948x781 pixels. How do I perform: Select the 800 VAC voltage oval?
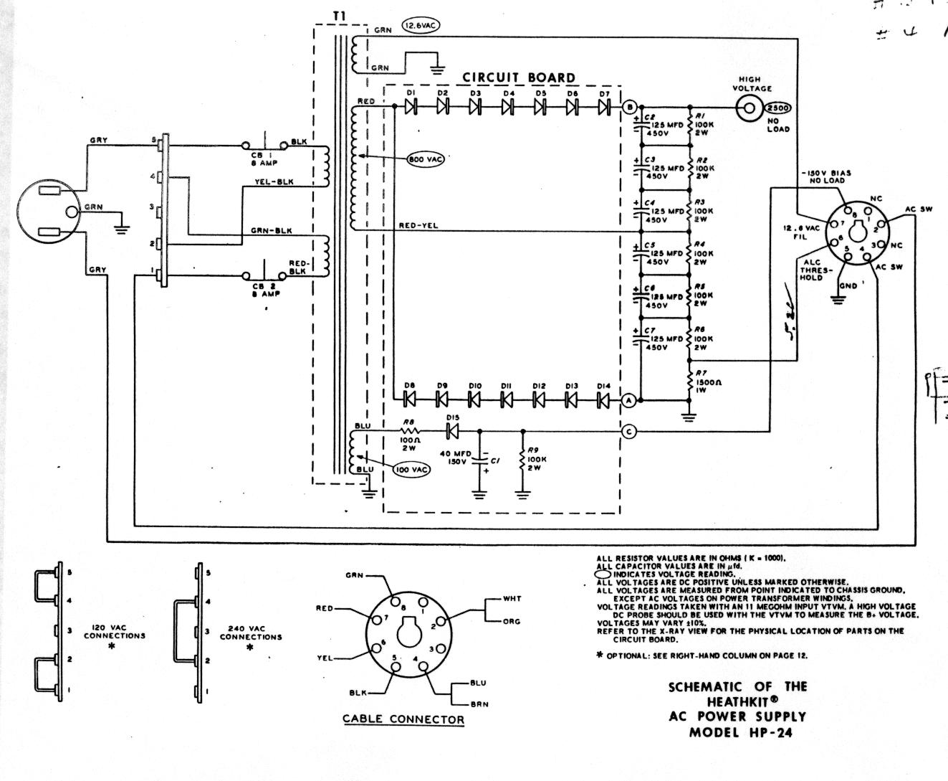(x=425, y=159)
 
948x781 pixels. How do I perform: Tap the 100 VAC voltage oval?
(x=412, y=470)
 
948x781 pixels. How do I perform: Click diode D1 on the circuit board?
(x=411, y=107)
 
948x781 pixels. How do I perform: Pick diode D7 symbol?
(x=604, y=107)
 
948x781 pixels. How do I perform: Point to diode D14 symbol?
(x=603, y=399)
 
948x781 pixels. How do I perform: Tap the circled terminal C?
(x=628, y=432)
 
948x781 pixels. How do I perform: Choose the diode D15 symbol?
(x=452, y=432)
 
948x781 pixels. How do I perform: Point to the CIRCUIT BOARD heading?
(x=518, y=77)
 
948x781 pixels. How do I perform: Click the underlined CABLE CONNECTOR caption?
(x=403, y=719)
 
